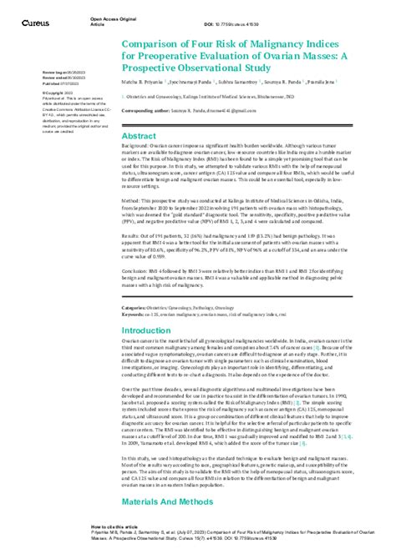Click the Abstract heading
tap(140, 133)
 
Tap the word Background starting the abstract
tap(137, 145)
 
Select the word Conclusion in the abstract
tap(137, 269)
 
